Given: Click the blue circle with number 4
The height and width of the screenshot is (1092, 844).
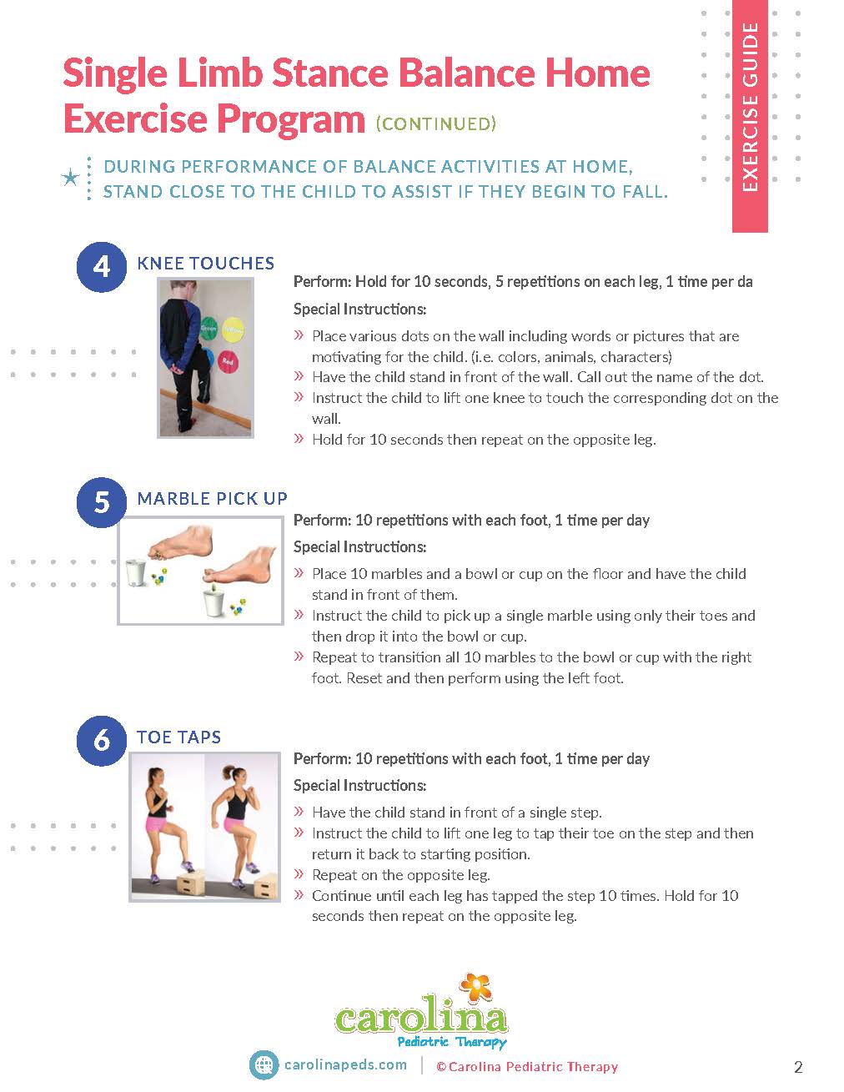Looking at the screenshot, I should [x=101, y=266].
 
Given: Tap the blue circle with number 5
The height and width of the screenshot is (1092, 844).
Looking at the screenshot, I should [x=101, y=502].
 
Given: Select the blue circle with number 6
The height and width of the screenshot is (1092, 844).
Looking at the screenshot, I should [x=101, y=740].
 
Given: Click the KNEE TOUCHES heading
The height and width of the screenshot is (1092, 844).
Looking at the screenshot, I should [x=205, y=264].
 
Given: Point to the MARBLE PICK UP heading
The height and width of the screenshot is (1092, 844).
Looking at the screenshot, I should [x=212, y=499].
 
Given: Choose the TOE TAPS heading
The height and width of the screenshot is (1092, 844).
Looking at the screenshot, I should [x=178, y=737].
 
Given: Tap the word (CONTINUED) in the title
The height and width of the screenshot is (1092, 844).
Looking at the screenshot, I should [x=436, y=124].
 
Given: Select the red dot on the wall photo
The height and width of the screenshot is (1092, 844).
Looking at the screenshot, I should [x=228, y=360].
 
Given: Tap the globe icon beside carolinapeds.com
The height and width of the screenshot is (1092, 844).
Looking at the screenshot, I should [x=264, y=1065].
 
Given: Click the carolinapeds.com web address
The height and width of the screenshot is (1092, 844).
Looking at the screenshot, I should [x=345, y=1065].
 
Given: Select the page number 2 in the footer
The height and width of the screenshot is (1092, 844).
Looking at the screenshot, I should [x=797, y=1067].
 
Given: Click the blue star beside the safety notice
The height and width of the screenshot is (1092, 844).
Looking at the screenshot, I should [x=72, y=178].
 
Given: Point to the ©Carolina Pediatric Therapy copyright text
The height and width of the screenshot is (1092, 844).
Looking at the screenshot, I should [x=526, y=1067].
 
